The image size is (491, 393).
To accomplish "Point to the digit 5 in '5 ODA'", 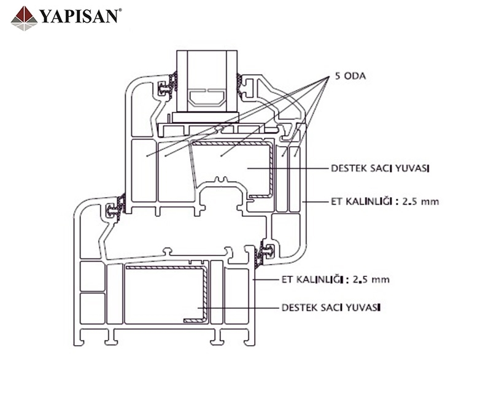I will coord(337,78).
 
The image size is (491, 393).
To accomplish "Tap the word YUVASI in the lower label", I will coord(362,306).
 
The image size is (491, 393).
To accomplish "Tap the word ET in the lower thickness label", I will coord(285,279).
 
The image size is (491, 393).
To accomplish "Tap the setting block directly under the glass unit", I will coord(206,117).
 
